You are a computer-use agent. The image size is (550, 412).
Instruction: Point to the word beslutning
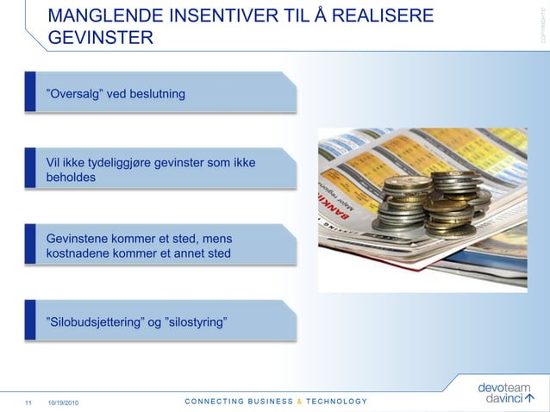pos(156,92)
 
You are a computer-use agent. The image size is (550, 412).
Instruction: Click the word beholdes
pos(72,178)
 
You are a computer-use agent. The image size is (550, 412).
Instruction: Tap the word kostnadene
pos(81,253)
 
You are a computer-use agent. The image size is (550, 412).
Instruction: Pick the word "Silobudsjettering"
pos(96,322)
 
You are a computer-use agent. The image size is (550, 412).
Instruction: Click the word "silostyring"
pos(196,322)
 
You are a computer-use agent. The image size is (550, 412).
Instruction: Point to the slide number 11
pos(28,402)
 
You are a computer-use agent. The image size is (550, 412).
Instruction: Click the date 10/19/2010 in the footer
pos(66,402)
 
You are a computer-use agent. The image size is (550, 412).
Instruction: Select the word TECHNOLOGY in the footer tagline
pos(336,401)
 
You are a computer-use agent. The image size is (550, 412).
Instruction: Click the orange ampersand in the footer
pos(298,401)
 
